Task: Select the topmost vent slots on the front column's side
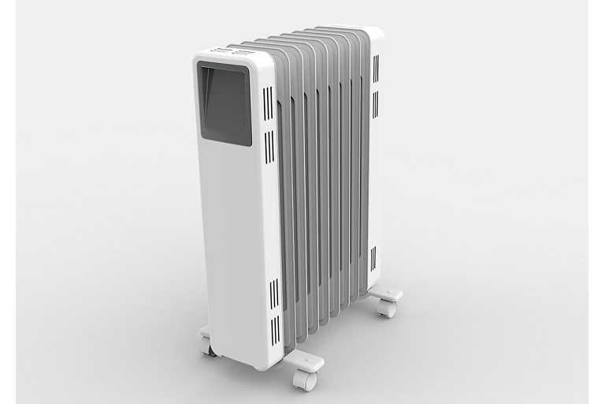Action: click(x=269, y=103)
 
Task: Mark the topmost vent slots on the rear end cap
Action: click(x=376, y=69)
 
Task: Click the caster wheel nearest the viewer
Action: click(x=303, y=380)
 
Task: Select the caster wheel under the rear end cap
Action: click(x=385, y=309)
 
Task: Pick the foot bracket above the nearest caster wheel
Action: click(x=306, y=361)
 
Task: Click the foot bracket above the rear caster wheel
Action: click(x=386, y=293)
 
